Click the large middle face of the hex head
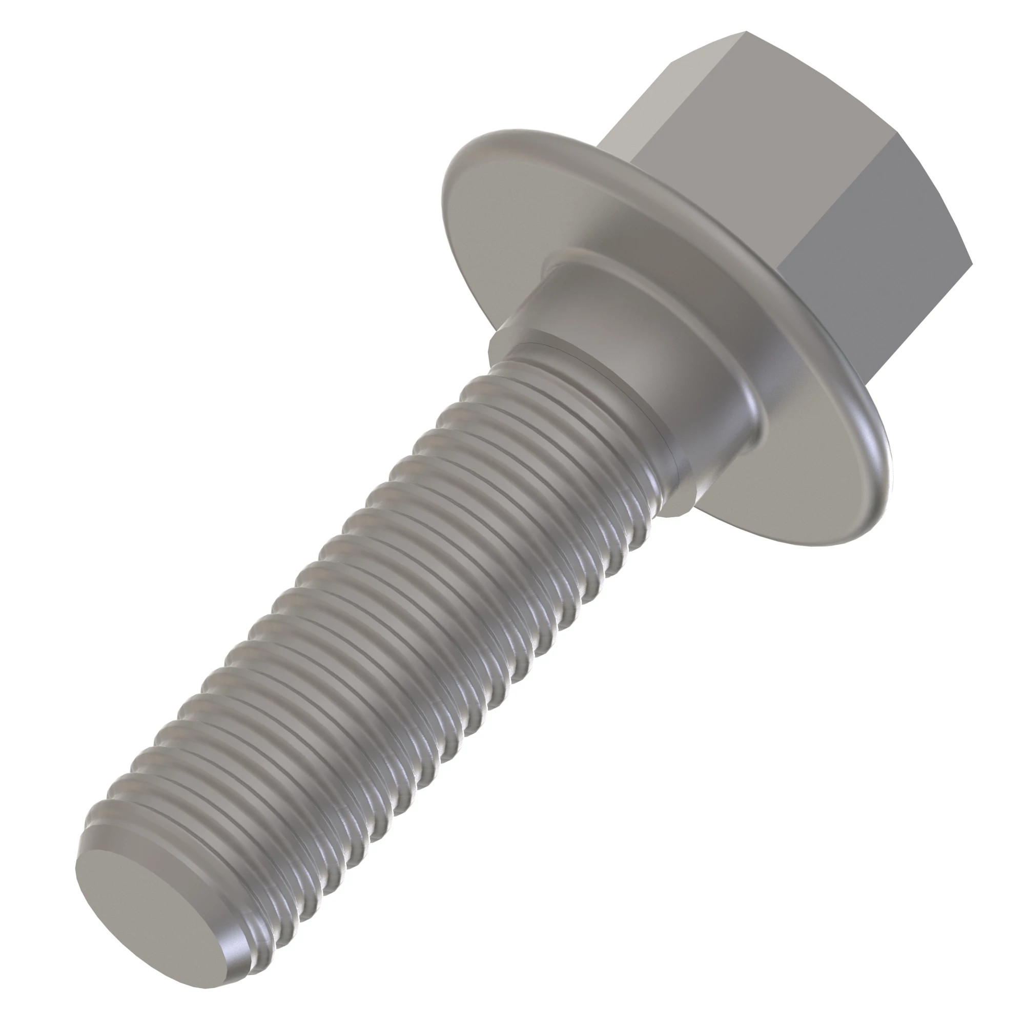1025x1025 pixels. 753,159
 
